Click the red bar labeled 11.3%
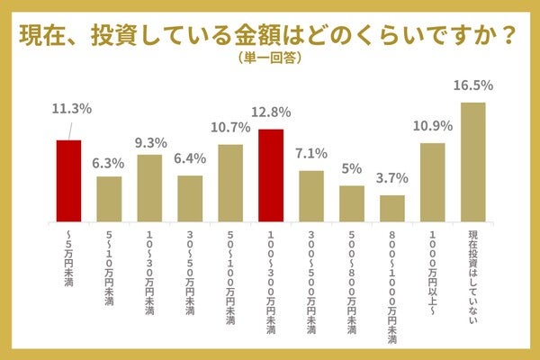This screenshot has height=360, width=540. pos(68,181)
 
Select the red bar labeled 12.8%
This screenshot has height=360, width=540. pos(271,175)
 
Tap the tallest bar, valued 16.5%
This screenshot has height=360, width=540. pos(472,162)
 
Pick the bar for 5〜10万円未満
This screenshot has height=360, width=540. pos(109,199)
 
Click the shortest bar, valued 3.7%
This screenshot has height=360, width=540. pos(392,209)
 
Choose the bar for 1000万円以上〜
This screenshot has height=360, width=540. pos(433,183)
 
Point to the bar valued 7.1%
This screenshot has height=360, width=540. pos(311,196)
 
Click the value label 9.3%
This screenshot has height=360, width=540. pos(150,142)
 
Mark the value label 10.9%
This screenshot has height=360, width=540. pos(433,127)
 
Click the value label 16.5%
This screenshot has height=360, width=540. pos(473,85)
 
